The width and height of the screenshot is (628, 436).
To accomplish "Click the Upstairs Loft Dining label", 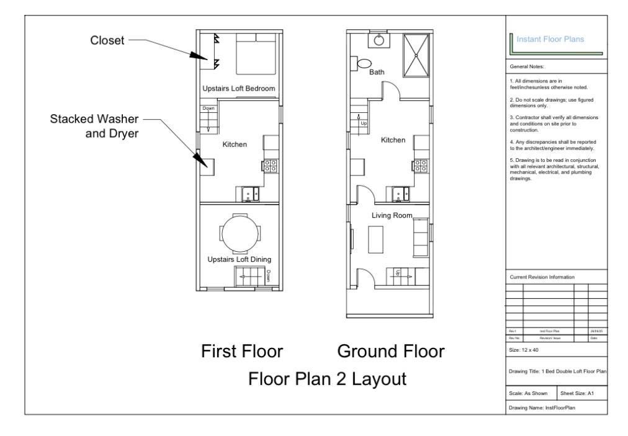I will (240, 259).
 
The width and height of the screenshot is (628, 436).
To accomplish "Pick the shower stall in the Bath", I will (416, 53).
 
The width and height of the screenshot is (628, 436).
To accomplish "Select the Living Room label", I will (392, 215).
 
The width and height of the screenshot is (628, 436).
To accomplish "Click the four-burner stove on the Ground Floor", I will (421, 166).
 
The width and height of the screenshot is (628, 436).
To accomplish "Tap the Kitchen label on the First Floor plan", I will (235, 145).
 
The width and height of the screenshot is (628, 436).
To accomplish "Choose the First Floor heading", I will (242, 352).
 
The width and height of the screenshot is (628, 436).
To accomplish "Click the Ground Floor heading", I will (390, 352).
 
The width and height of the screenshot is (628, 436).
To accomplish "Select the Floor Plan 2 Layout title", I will (327, 378).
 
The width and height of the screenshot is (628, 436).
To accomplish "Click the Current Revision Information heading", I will (542, 277).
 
